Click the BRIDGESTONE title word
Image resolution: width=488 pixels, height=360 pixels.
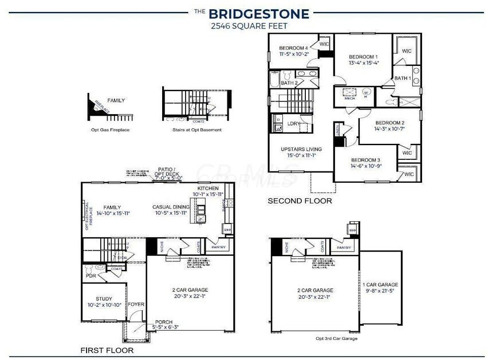[258, 13]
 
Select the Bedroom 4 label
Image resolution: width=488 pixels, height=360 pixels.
[294, 48]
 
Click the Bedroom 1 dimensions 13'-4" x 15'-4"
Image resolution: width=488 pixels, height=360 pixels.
[364, 63]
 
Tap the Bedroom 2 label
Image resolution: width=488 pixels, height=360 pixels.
[390, 123]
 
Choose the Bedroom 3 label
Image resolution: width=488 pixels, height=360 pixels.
[366, 159]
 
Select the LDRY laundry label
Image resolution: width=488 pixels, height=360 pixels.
[294, 123]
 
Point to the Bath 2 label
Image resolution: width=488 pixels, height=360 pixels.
[289, 83]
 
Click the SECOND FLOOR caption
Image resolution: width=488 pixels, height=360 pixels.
[300, 201]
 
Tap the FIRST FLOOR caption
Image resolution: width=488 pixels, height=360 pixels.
[107, 350]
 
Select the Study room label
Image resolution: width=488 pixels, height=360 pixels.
[104, 299]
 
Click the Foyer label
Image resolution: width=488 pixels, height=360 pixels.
[136, 304]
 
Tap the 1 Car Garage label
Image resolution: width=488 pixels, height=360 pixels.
[380, 284]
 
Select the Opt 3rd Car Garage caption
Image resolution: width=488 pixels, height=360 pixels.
[336, 339]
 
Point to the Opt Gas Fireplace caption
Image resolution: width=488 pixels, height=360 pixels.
[110, 130]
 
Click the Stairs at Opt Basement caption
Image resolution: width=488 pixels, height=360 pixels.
[196, 130]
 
